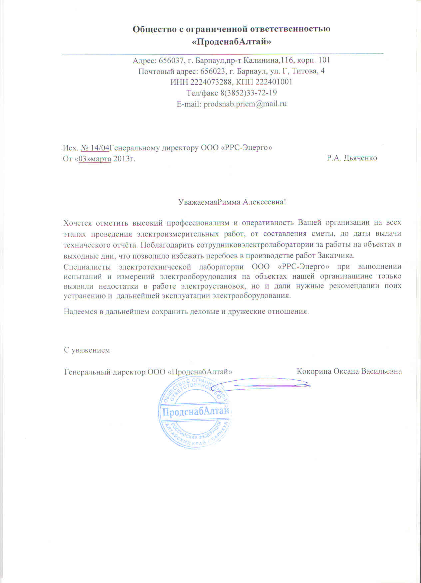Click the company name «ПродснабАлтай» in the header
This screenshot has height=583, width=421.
point(231,42)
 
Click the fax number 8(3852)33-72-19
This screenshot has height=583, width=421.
point(248,93)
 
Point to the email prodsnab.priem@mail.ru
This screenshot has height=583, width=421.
point(245,104)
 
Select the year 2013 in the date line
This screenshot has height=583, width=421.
point(121,159)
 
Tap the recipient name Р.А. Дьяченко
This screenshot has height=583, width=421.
point(352,158)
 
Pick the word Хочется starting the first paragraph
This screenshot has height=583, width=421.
point(77,223)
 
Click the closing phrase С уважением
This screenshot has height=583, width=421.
point(87,350)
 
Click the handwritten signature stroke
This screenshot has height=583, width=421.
point(266,385)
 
